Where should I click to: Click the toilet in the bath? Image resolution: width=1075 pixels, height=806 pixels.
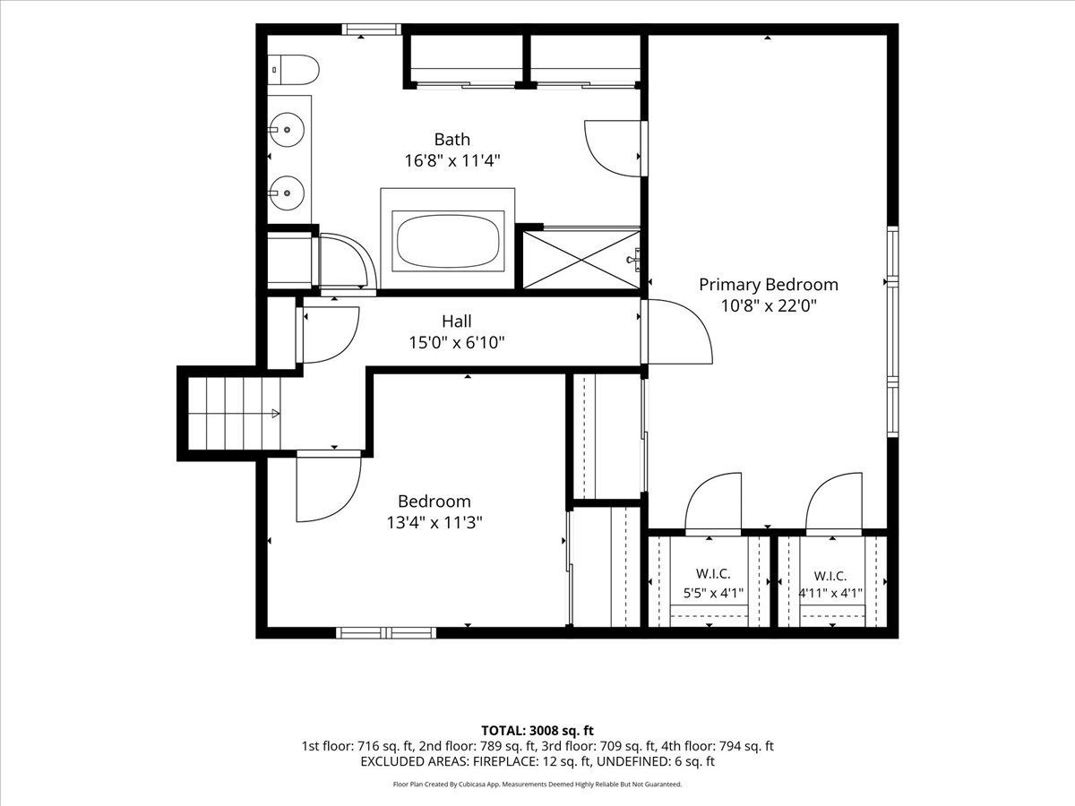point(293,70)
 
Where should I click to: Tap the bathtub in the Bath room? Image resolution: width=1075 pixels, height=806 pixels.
point(448,241)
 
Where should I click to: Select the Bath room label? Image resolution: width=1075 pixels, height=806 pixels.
point(452,140)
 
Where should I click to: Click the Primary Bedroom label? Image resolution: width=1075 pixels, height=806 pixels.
point(769,285)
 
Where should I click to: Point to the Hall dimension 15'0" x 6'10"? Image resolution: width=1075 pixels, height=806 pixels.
point(457,343)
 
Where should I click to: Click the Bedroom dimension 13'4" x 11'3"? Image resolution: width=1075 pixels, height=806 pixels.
point(434,523)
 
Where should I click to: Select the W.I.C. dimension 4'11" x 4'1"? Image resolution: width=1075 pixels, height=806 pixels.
point(830,593)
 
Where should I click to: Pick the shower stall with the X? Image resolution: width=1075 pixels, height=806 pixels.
point(581,260)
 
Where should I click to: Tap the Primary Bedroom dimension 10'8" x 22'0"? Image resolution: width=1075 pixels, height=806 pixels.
point(769,306)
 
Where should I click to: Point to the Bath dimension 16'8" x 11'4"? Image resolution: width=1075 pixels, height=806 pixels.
point(452,160)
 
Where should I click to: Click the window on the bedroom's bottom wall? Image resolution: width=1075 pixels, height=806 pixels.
point(386,633)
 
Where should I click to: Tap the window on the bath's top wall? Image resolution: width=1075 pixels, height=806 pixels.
point(371,29)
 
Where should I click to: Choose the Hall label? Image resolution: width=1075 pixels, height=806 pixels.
point(457,322)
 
